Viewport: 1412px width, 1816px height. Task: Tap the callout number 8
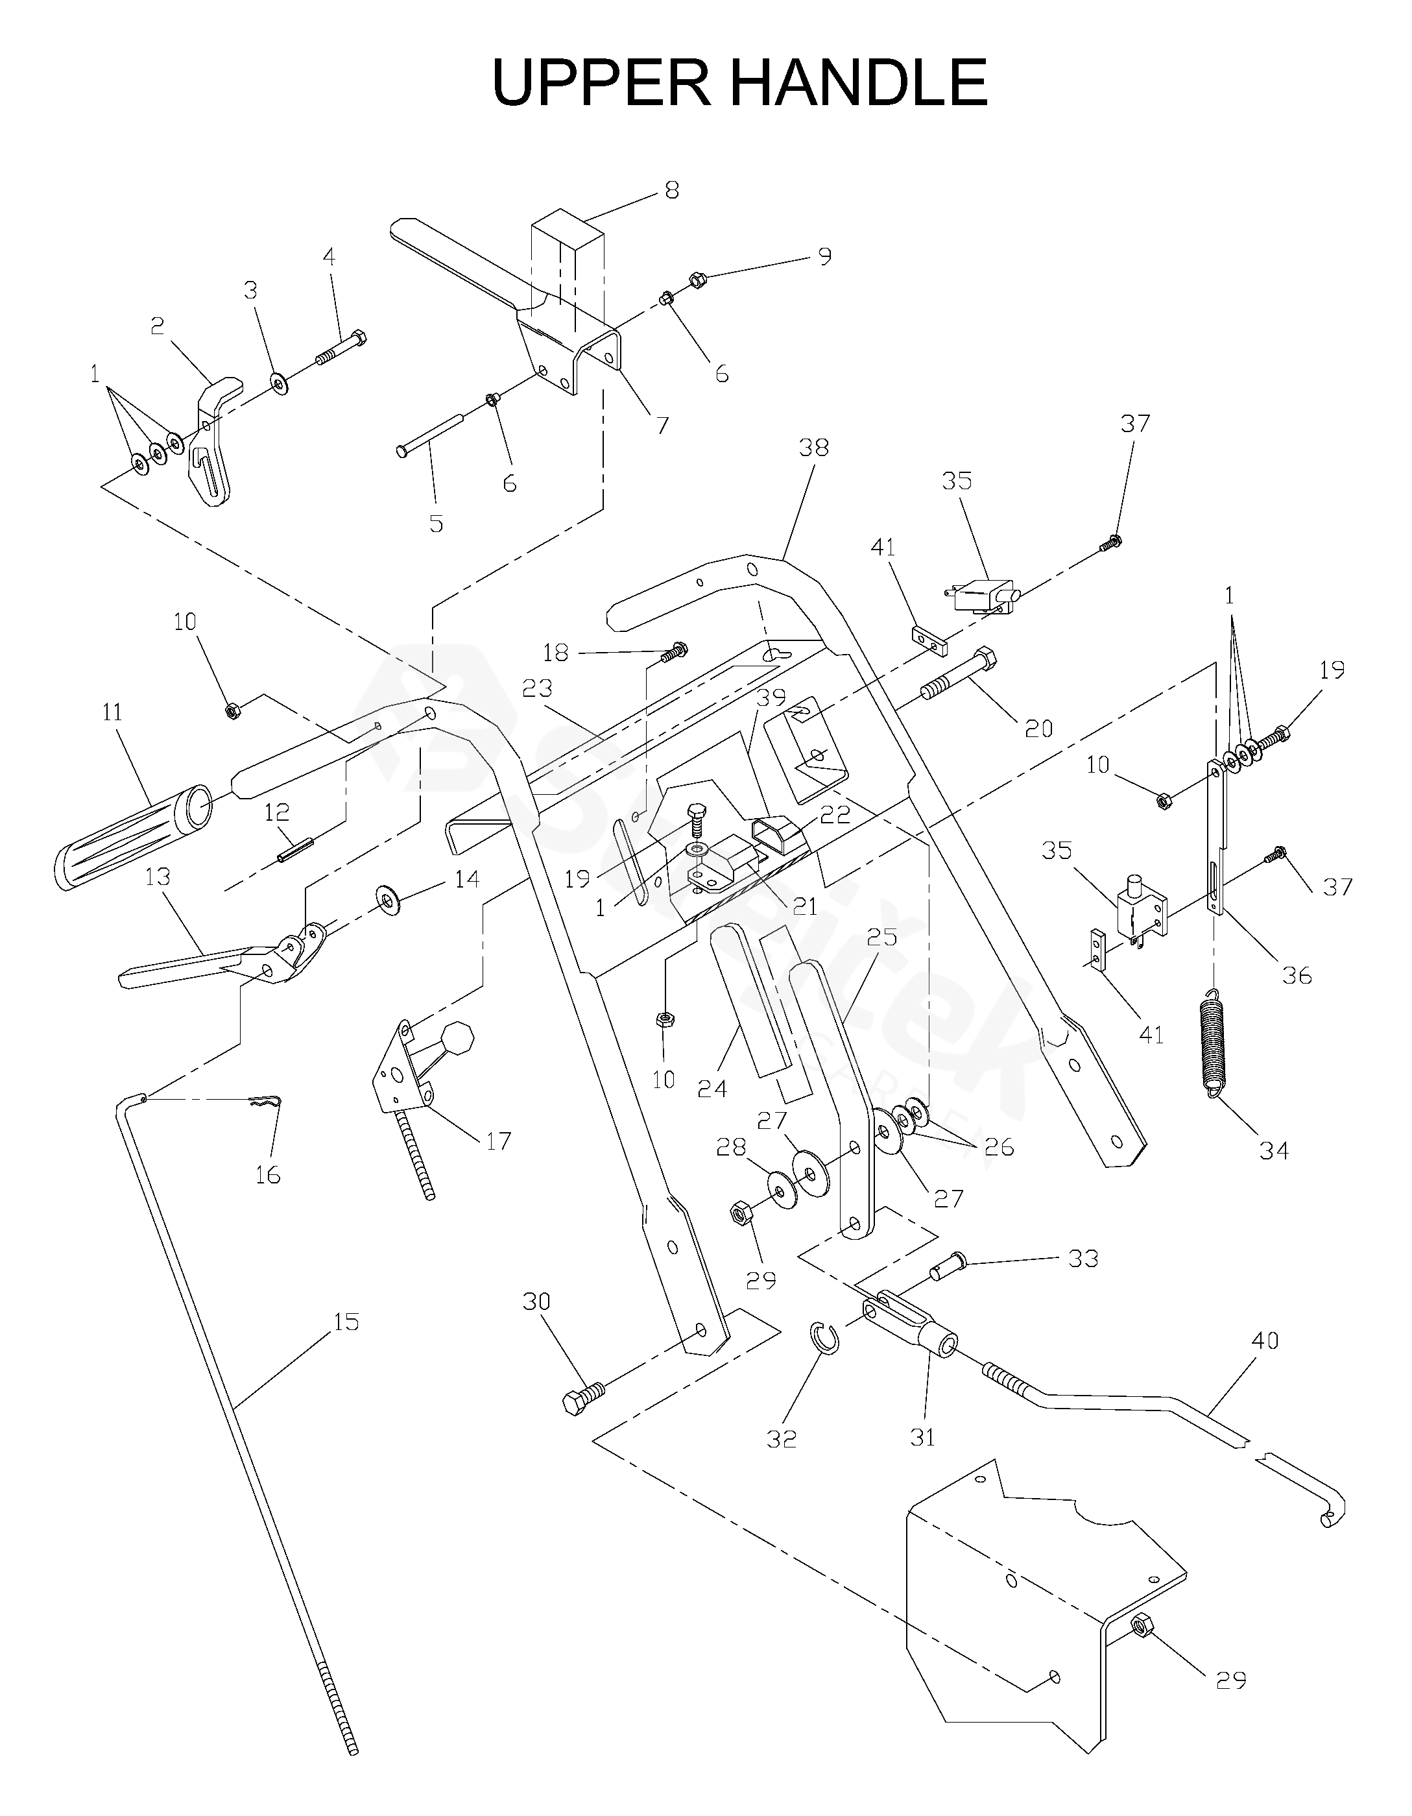pyautogui.click(x=671, y=190)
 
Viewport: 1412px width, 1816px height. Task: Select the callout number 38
pyautogui.click(x=813, y=448)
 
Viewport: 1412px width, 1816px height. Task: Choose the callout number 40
pyautogui.click(x=1264, y=1341)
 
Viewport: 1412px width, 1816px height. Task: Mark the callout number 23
pyautogui.click(x=538, y=688)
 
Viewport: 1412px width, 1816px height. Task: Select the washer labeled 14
pyautogui.click(x=387, y=901)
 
